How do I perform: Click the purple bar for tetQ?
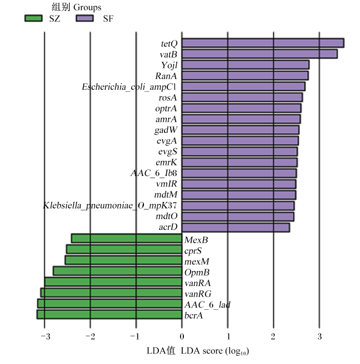point(263,43)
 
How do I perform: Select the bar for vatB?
point(259,54)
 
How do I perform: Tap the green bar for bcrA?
point(109,315)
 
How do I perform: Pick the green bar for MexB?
point(127,238)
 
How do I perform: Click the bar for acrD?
point(236,227)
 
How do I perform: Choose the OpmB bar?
point(117,271)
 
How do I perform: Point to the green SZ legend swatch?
point(33,18)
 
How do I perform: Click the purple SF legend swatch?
point(85,18)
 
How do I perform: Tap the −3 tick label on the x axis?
point(45,336)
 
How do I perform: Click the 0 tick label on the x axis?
point(182,336)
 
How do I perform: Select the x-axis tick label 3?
point(320,336)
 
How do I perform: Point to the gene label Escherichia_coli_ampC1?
point(129,87)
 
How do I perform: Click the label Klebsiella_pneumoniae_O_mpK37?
point(110,205)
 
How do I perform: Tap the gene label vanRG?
point(198,294)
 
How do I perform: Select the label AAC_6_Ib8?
point(154,173)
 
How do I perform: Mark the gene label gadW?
point(166,130)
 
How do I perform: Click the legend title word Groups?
point(88,8)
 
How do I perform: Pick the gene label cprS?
point(193,251)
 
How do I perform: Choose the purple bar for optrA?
point(241,108)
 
